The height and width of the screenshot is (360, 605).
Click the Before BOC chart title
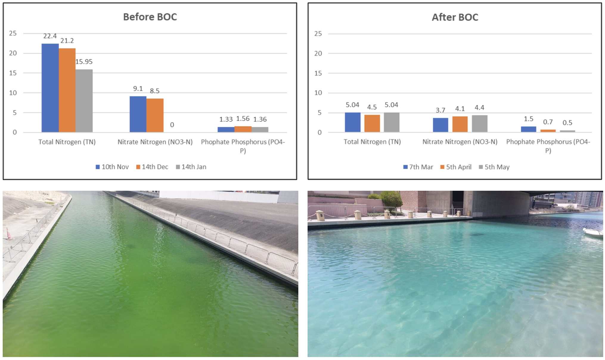click(x=150, y=17)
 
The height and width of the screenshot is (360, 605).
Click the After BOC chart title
click(x=455, y=17)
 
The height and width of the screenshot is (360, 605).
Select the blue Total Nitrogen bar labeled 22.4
click(x=50, y=88)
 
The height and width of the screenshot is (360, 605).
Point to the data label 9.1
click(x=138, y=89)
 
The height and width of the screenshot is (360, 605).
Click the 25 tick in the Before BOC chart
click(x=13, y=33)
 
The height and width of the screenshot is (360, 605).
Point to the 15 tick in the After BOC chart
click(x=318, y=73)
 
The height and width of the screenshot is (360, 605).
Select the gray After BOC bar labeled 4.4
click(x=480, y=123)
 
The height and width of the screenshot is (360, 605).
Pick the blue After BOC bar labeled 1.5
click(x=528, y=129)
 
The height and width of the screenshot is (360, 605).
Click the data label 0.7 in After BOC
click(x=548, y=122)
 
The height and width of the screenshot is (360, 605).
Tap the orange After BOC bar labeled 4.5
click(x=372, y=123)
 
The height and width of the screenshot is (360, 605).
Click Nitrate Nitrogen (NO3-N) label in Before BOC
click(x=155, y=142)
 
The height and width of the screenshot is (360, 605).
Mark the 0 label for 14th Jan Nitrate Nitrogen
click(x=172, y=125)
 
